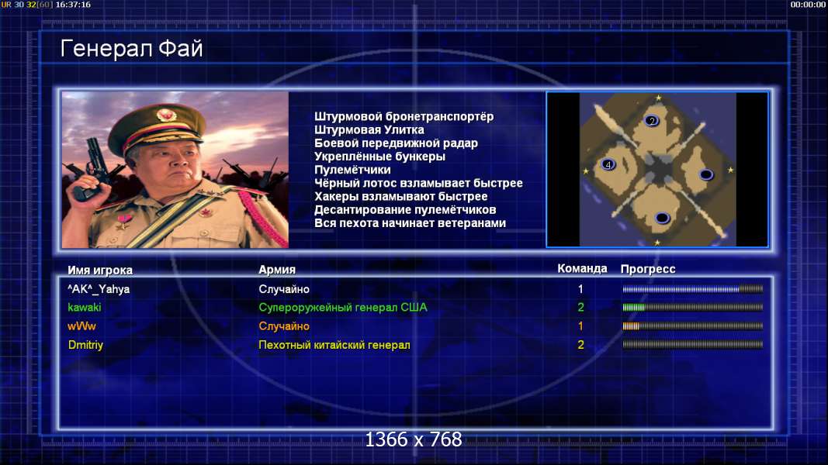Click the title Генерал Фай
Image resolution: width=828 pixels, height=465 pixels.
click(x=131, y=49)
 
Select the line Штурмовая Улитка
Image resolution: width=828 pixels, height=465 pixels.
click(x=369, y=129)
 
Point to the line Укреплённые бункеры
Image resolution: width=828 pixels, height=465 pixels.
click(x=379, y=157)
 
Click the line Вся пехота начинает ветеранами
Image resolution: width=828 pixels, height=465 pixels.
click(x=410, y=223)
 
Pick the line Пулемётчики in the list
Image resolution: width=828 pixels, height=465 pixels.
click(x=352, y=170)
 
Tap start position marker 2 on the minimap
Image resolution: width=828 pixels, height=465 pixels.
click(x=652, y=121)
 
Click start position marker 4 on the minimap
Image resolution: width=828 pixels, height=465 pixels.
click(x=608, y=164)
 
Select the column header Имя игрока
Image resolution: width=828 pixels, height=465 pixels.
click(x=100, y=270)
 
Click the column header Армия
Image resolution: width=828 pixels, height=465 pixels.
click(x=277, y=270)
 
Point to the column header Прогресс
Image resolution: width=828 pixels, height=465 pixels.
click(x=648, y=269)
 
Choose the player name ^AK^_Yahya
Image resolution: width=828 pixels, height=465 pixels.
click(x=99, y=289)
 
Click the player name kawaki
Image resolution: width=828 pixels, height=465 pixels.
click(x=84, y=308)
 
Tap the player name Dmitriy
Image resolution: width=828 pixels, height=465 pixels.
click(x=85, y=345)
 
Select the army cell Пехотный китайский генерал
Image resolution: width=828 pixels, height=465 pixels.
click(x=334, y=345)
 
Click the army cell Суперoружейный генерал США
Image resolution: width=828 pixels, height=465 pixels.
click(x=343, y=308)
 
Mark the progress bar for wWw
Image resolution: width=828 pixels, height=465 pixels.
click(x=692, y=326)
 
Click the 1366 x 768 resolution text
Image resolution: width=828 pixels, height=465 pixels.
click(x=414, y=439)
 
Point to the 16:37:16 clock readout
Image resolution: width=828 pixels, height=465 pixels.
click(x=73, y=4)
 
